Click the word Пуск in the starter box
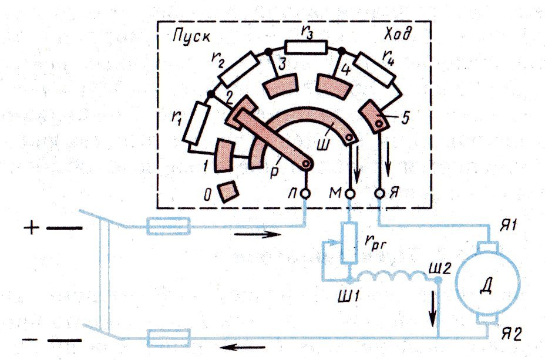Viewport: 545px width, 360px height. point(191,37)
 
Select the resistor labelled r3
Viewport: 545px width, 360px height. point(306,47)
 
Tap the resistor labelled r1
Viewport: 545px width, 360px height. point(196,123)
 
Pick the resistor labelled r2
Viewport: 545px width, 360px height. point(240,69)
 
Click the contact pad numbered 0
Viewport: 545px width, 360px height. point(228,191)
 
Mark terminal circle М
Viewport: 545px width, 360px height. point(349,194)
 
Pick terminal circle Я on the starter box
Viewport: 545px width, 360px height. point(380,194)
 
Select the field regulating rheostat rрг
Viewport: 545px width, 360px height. point(349,243)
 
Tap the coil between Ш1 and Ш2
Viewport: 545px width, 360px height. point(394,277)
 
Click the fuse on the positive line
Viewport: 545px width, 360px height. point(169,226)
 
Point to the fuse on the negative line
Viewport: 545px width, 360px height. point(169,338)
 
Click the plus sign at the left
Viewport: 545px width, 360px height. point(32,228)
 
